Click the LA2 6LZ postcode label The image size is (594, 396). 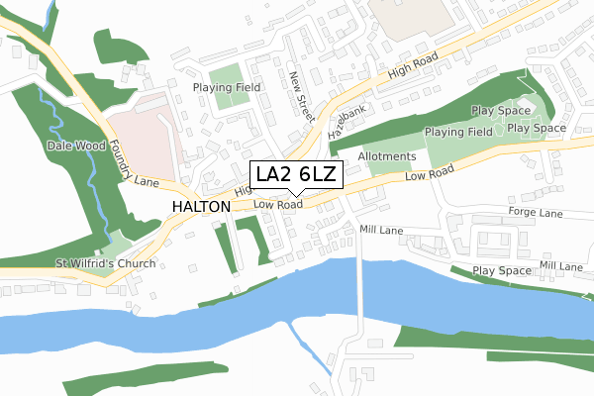[x=296, y=175]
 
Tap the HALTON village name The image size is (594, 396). [x=201, y=206]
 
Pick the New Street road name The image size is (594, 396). [x=301, y=95]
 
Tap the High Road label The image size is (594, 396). [x=413, y=68]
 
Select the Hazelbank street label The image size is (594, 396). [x=347, y=119]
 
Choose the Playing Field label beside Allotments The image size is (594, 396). [x=458, y=132]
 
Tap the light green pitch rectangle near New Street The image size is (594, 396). [x=226, y=77]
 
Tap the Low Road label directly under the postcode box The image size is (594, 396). [x=277, y=205]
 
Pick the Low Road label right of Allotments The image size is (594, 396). [x=429, y=171]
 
